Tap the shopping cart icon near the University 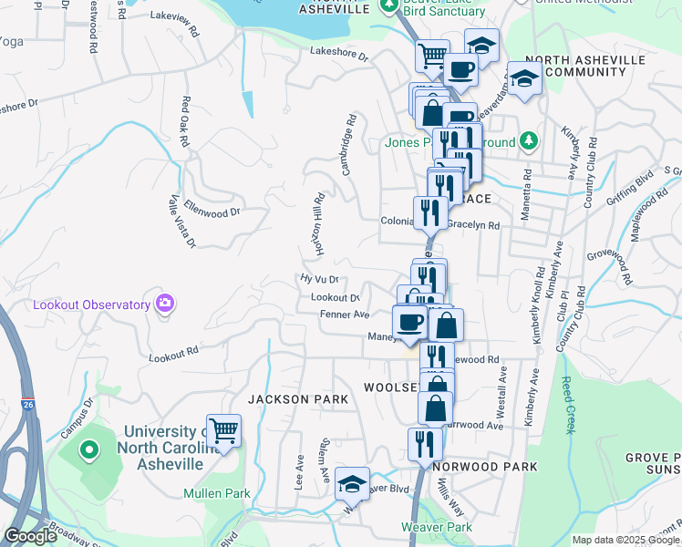223,430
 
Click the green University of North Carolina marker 89,449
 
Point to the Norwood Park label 485,466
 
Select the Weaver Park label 437,527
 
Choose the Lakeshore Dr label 337,56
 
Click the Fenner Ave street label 344,315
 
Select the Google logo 31,536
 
